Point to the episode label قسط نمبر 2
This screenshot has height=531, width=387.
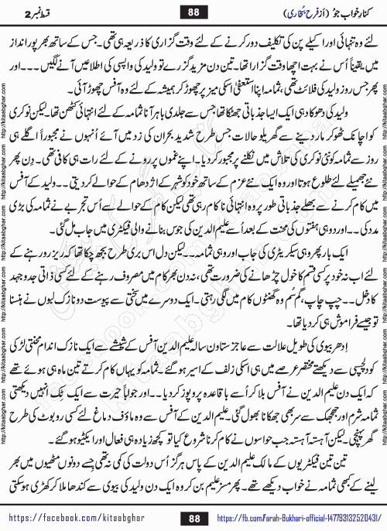(32, 13)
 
